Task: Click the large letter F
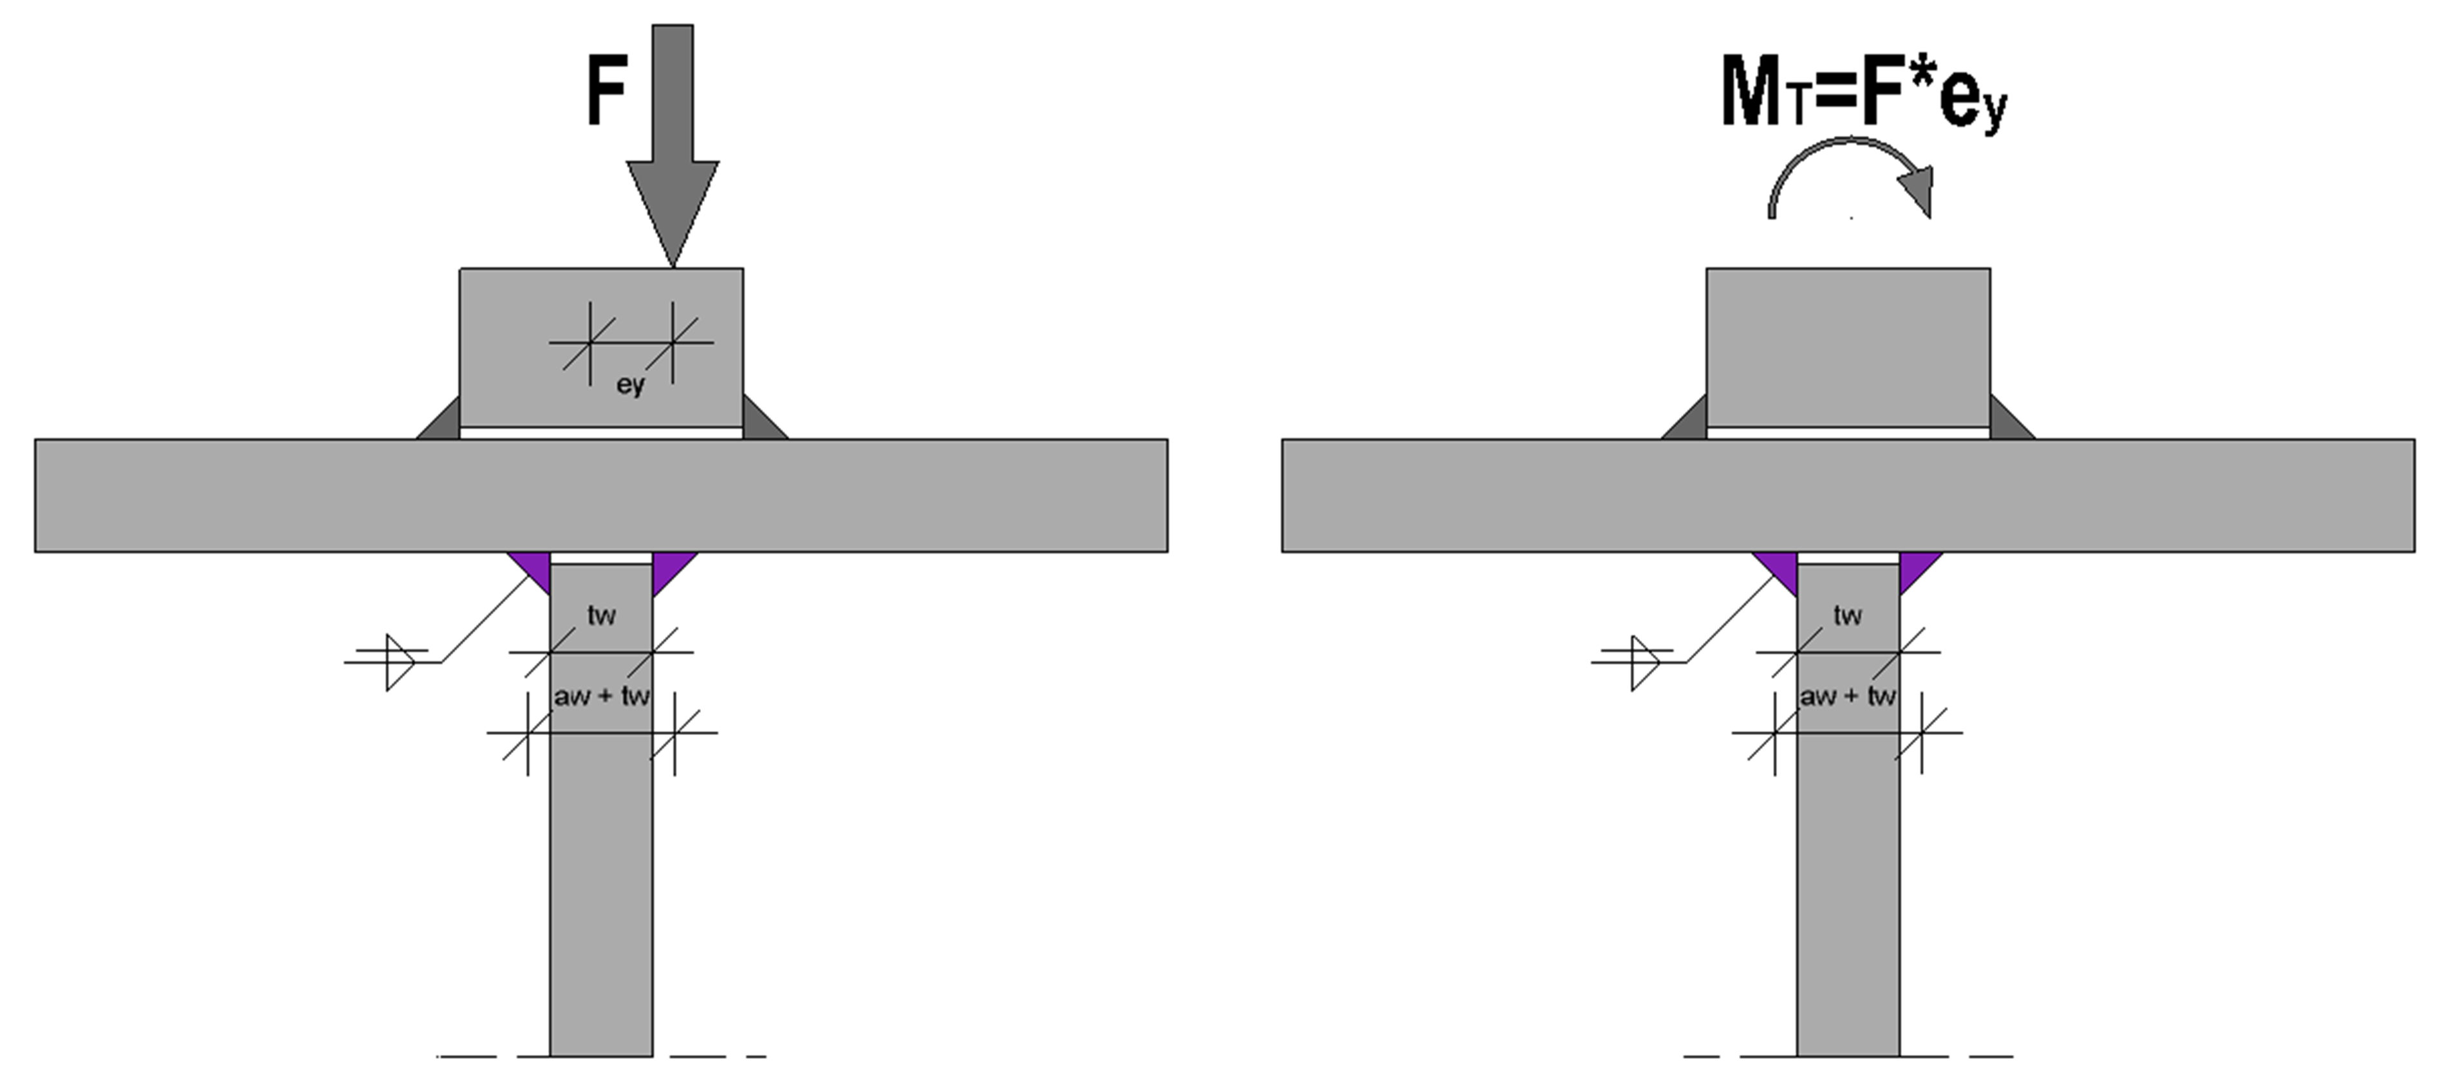tap(606, 91)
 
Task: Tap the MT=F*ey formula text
tap(1863, 95)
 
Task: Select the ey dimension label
tap(629, 385)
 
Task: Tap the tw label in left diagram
tap(601, 615)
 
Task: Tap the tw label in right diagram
tap(1847, 615)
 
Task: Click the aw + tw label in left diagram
tap(601, 696)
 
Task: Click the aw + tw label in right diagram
tap(1847, 696)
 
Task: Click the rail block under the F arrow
tap(601, 348)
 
